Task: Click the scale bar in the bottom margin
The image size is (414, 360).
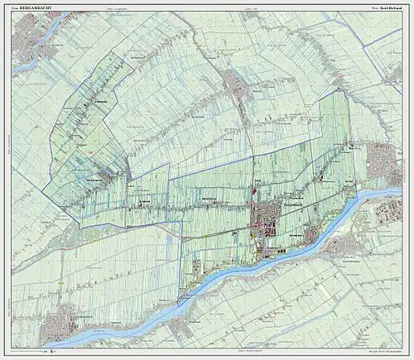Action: coord(51,353)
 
